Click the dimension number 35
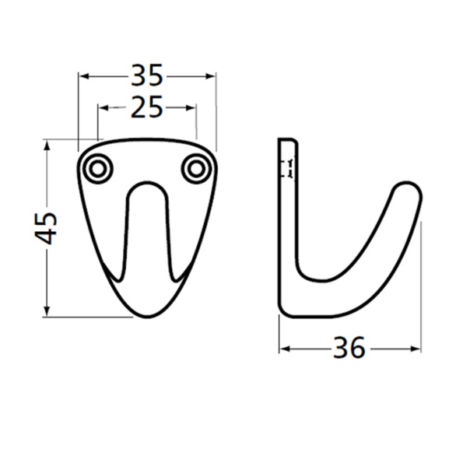pyautogui.click(x=147, y=75)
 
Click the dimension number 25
pyautogui.click(x=146, y=107)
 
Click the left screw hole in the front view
pyautogui.click(x=98, y=168)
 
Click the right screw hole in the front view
pyautogui.click(x=196, y=168)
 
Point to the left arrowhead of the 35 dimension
pyautogui.click(x=84, y=76)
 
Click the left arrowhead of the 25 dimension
pyautogui.click(x=103, y=108)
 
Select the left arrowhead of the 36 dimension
pyautogui.click(x=284, y=349)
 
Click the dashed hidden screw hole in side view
pyautogui.click(x=288, y=168)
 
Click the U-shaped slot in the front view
pyautogui.click(x=146, y=226)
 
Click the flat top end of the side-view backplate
pyautogui.click(x=287, y=140)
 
